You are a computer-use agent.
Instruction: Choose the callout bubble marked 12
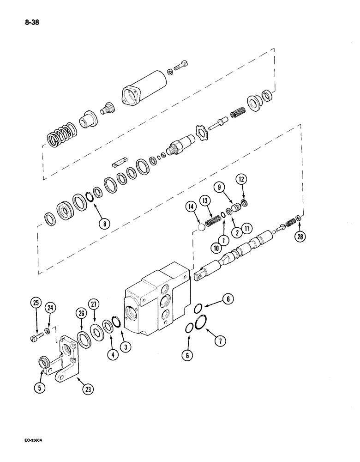point(241,179)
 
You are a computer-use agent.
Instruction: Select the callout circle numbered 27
point(94,304)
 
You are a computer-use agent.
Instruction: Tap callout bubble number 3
point(123,345)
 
